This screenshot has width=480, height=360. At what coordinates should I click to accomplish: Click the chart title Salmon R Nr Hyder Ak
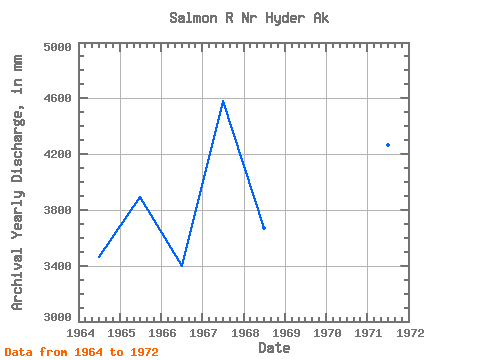(x=249, y=18)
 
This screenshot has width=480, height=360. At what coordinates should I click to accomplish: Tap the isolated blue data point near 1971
(x=388, y=145)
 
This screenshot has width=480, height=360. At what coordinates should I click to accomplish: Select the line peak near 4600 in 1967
(x=223, y=101)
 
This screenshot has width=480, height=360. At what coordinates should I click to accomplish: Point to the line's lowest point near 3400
(x=182, y=265)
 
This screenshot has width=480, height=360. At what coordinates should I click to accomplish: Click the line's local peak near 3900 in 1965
(x=140, y=197)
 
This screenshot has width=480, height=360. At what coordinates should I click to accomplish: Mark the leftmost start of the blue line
(x=99, y=256)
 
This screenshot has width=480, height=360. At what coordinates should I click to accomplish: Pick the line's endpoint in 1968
(x=264, y=228)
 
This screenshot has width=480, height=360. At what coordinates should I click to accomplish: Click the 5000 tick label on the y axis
(x=58, y=47)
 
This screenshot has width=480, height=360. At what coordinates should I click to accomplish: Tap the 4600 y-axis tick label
(x=58, y=98)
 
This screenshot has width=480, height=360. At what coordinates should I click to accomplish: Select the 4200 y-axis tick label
(x=58, y=154)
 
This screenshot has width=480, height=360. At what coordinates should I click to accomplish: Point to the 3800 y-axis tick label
(x=58, y=210)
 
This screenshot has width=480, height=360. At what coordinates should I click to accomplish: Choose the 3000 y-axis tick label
(x=58, y=317)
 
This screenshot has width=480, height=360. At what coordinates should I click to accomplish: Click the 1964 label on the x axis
(x=80, y=333)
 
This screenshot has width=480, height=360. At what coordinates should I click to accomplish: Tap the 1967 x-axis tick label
(x=203, y=333)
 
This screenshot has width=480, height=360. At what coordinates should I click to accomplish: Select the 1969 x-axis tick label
(x=286, y=333)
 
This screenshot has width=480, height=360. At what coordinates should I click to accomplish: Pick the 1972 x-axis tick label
(x=410, y=333)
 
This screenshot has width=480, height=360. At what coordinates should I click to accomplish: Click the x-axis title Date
(x=274, y=348)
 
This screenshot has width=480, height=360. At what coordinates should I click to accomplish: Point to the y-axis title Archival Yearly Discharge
(x=17, y=182)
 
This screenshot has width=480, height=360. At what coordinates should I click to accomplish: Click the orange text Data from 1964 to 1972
(x=82, y=352)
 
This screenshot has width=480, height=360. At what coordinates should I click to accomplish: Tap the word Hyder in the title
(x=285, y=18)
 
